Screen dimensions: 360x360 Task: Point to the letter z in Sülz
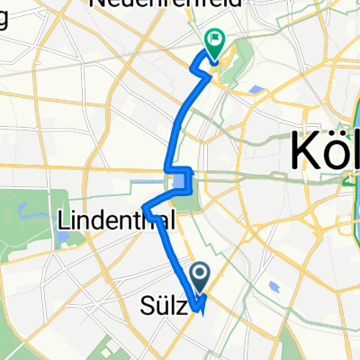183,308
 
